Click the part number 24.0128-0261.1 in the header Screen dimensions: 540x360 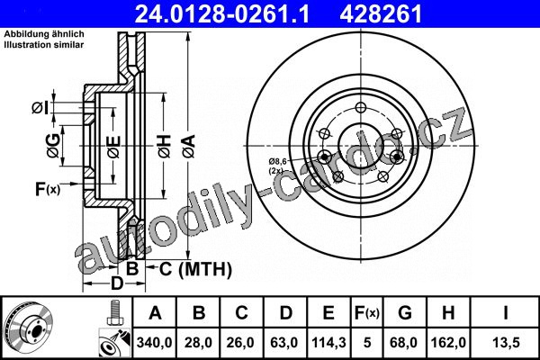pyautogui.click(x=222, y=13)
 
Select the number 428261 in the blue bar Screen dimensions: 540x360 pyautogui.click(x=381, y=13)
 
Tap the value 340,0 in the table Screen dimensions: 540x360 pyautogui.click(x=154, y=343)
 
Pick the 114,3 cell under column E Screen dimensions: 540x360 pyautogui.click(x=328, y=343)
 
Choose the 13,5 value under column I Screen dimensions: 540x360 pyautogui.click(x=506, y=343)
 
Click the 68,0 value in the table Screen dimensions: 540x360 pyautogui.click(x=405, y=343)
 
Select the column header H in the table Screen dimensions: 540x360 pyautogui.click(x=448, y=313)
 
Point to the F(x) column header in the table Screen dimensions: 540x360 pyautogui.click(x=367, y=313)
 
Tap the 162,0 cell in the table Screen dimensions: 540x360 pyautogui.click(x=448, y=343)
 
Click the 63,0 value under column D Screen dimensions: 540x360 pyautogui.click(x=284, y=343)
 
